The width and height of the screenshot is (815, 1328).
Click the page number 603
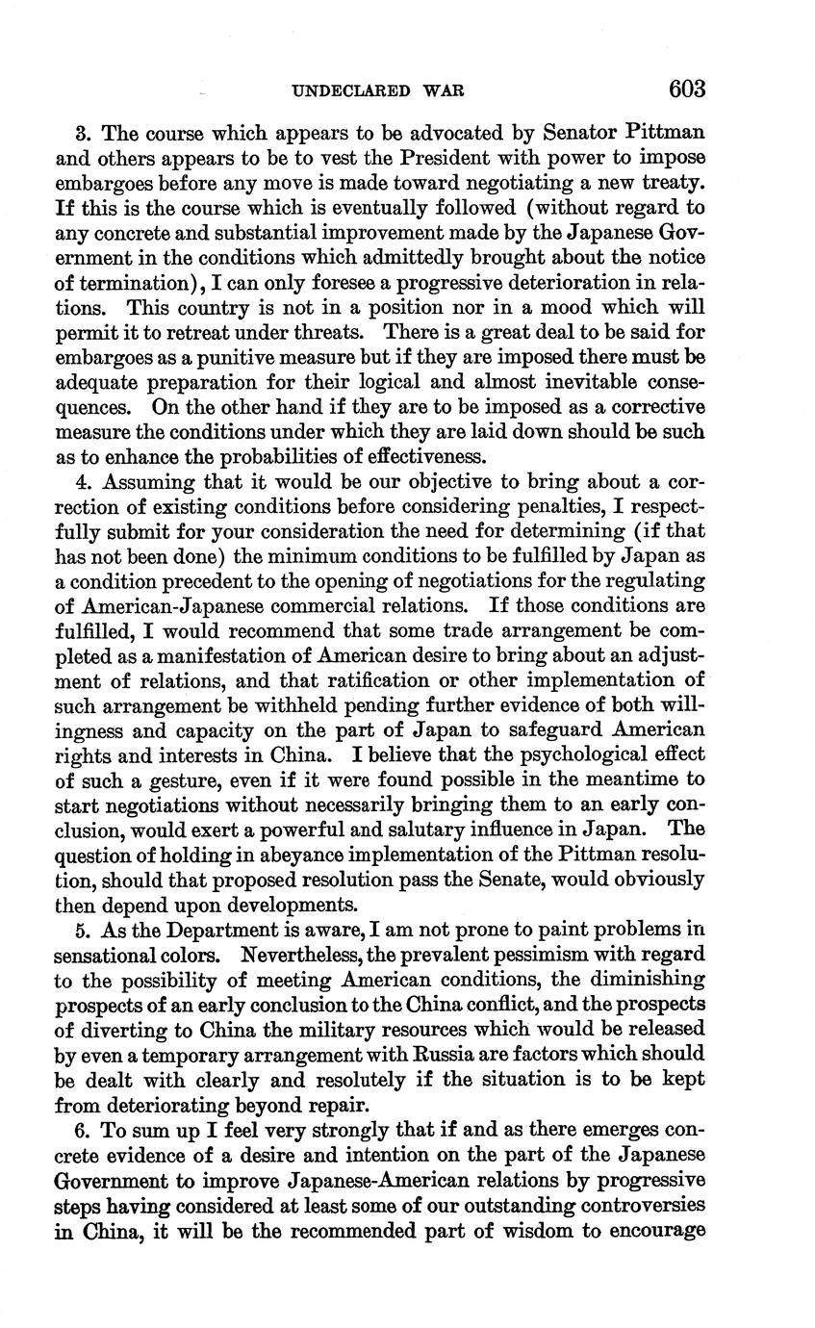click(x=687, y=89)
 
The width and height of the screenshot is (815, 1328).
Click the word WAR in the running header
click(x=444, y=91)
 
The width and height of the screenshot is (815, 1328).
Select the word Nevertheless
click(x=313, y=956)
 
